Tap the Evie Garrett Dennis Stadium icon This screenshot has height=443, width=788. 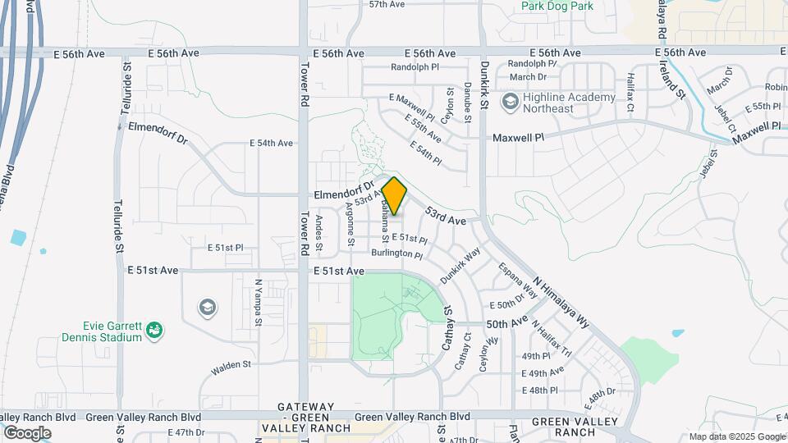point(153,331)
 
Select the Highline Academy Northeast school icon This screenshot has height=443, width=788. point(510,101)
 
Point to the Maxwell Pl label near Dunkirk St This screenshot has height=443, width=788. point(518,138)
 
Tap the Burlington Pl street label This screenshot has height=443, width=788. point(396,253)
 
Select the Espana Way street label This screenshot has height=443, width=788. point(518,280)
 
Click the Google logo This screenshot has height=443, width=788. point(26,433)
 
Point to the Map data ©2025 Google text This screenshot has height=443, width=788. point(736,436)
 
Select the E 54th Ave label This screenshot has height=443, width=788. point(271,143)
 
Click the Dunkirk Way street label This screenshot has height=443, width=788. point(459,266)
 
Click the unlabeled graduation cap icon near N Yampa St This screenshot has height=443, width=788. point(208,308)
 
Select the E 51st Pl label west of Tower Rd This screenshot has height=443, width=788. point(225,247)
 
